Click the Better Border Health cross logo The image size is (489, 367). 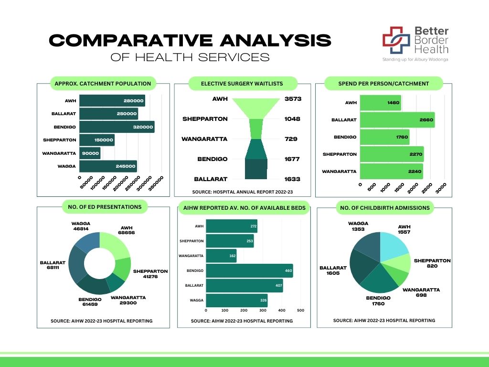[396, 41]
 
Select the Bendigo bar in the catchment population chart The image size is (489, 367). [117, 127]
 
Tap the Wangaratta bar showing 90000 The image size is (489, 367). [90, 153]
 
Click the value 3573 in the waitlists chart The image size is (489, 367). [292, 99]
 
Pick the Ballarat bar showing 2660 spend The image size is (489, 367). [397, 119]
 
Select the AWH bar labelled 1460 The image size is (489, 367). [380, 102]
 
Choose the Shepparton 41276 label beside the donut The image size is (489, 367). [150, 274]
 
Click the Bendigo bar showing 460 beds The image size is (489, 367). [249, 271]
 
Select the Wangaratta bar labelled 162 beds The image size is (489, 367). [224, 256]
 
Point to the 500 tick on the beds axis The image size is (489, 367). [300, 310]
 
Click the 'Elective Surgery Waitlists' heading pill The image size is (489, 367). [242, 84]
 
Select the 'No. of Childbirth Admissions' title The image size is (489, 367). [384, 207]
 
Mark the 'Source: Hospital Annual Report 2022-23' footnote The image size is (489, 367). [242, 192]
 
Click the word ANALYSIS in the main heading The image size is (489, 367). [276, 41]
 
